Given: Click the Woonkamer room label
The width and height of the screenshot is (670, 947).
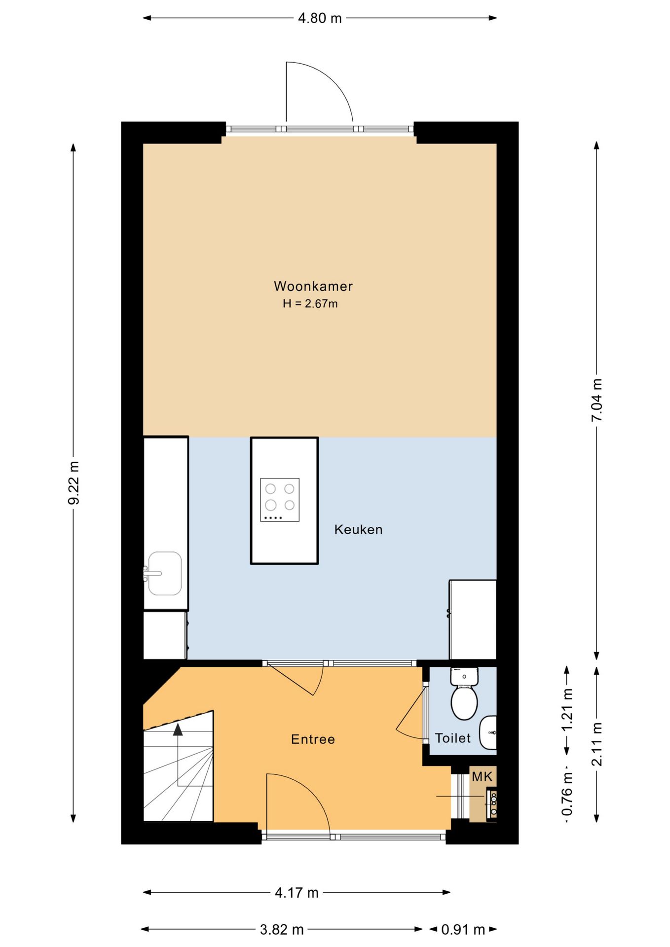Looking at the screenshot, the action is pos(313,286).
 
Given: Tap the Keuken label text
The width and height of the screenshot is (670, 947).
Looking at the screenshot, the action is pos(359,530).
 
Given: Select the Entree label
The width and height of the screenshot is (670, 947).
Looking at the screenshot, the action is pos(313,739).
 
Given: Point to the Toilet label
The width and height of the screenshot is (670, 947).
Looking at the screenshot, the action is pos(453,738).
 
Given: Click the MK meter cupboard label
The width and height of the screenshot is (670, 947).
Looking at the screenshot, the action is pos(482,777).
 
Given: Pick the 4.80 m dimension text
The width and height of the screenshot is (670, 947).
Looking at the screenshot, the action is pos(320,18).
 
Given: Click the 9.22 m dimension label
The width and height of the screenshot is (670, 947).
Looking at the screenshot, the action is pos(74,483).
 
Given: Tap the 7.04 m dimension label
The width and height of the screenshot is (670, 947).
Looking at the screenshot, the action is pos(597,400).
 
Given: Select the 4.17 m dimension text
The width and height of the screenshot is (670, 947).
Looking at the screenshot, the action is pos(297,893).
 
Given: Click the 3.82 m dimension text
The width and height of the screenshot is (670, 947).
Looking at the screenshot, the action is pos(282,930).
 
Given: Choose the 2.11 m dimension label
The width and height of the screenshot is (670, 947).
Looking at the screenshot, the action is pos(597,744).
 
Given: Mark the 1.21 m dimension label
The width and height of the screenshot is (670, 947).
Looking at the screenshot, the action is pos(567,711).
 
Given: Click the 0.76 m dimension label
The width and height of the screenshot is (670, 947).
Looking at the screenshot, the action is pos(567,794).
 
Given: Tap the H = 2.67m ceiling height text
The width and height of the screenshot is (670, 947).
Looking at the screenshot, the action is pos(310,304).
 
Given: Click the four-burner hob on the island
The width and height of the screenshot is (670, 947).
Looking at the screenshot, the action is pos(280,500).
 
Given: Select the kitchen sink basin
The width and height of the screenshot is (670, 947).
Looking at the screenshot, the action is pos(165,573).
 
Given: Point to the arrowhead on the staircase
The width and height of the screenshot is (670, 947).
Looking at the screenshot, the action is pos(178,729).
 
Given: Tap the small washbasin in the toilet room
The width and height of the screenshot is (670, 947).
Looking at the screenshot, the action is pos(488,732).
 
